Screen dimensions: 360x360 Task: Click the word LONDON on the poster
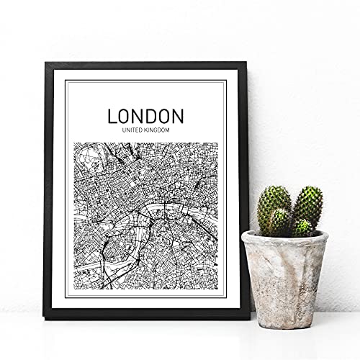click(x=145, y=116)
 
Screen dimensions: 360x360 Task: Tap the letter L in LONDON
click(x=112, y=116)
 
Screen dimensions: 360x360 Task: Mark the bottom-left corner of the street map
click(x=75, y=287)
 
